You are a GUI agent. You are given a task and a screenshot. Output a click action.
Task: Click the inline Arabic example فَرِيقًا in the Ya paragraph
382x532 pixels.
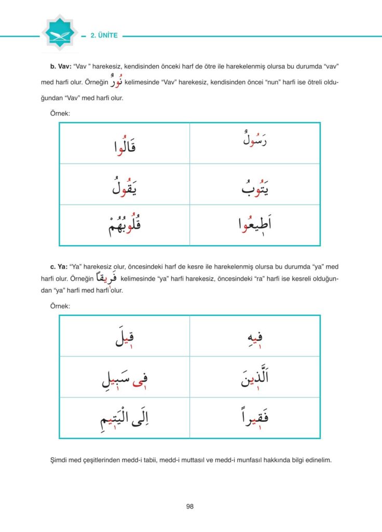coord(108,279)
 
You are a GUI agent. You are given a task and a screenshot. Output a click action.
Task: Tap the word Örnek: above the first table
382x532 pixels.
coord(60,113)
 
